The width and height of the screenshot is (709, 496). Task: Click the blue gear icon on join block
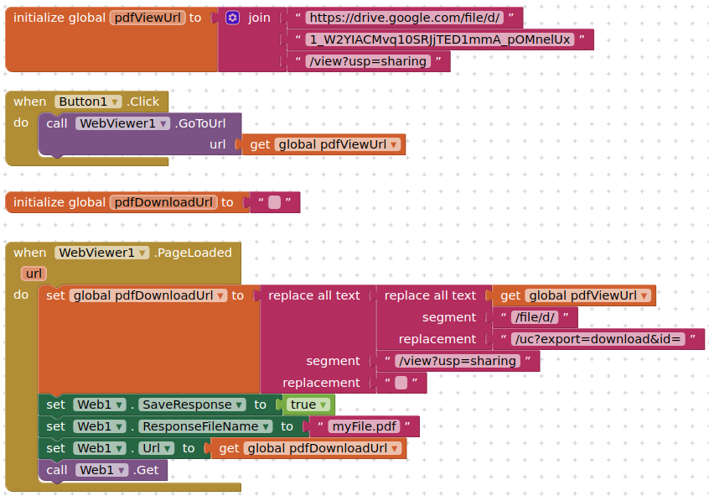tap(233, 18)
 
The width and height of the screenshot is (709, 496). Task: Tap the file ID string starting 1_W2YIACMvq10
tap(440, 39)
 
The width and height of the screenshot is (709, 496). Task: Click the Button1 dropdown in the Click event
tap(87, 102)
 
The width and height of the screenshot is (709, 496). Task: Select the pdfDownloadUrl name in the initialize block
tap(163, 202)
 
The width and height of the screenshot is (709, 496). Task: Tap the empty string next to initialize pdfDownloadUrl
tap(274, 202)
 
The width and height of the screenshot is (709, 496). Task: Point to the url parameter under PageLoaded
tap(34, 274)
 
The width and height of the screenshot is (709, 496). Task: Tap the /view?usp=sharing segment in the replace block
tap(459, 361)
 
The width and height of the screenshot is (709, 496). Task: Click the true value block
tap(308, 405)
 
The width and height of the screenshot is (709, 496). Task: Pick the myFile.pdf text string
tap(363, 426)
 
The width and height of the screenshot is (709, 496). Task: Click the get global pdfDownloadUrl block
tap(308, 448)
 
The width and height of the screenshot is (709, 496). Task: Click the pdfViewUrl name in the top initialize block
tap(147, 18)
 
